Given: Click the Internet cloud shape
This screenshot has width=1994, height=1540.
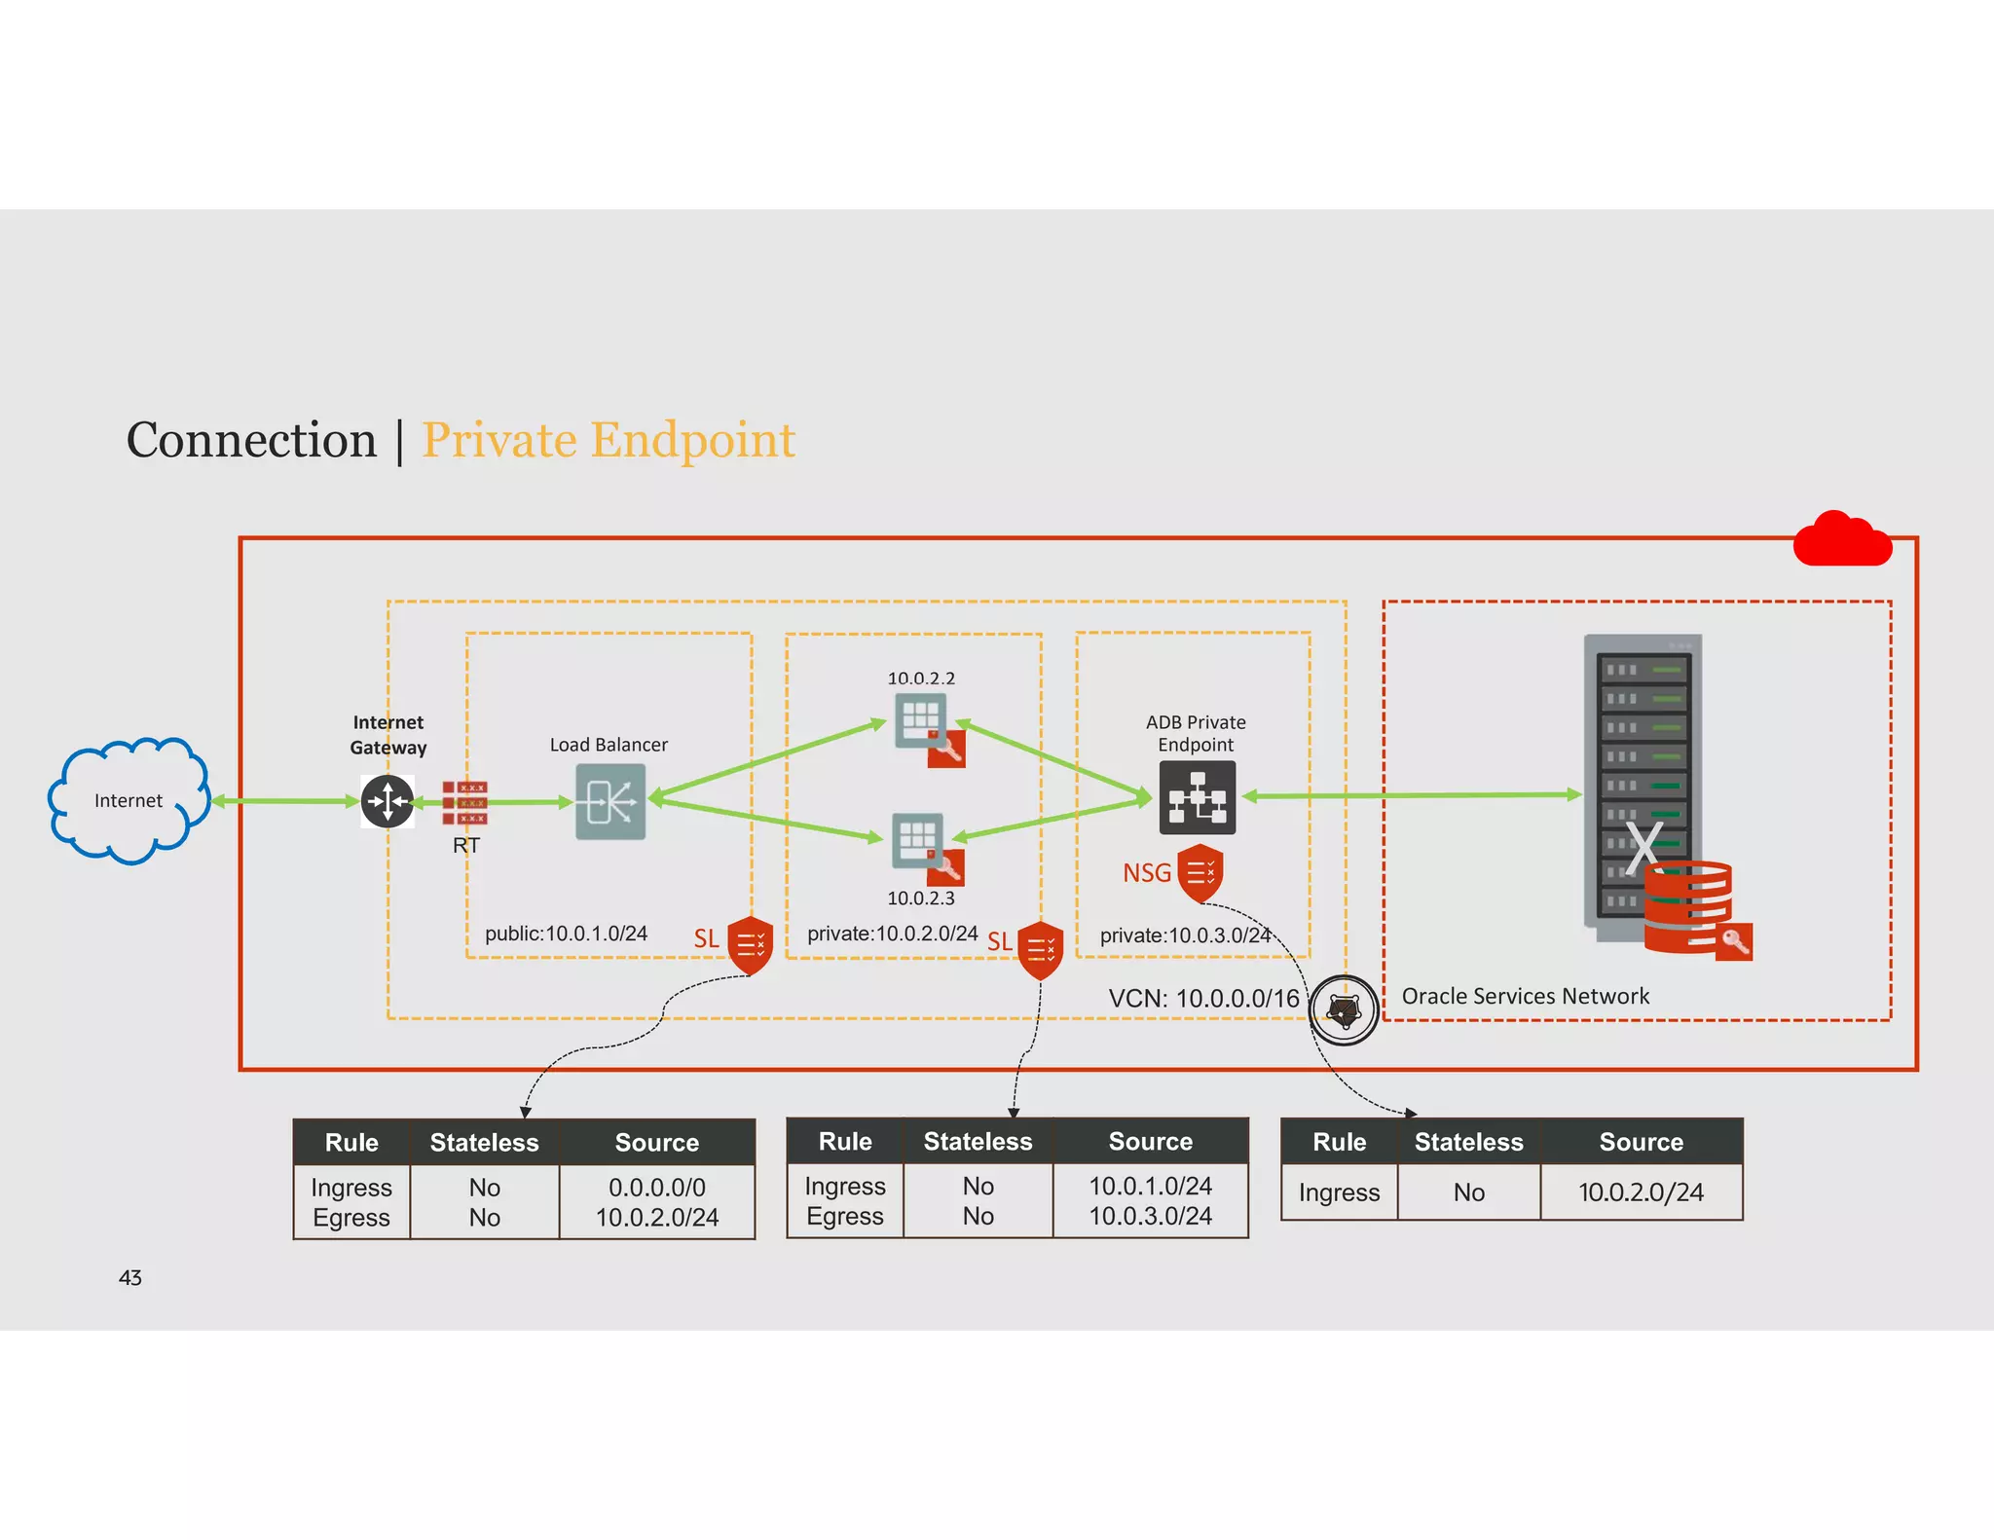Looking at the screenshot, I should tap(129, 800).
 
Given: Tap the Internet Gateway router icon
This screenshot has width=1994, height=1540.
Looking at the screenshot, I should tap(388, 801).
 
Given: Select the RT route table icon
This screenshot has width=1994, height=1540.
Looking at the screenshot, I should tap(464, 802).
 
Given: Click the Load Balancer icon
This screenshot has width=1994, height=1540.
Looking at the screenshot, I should tap(610, 801).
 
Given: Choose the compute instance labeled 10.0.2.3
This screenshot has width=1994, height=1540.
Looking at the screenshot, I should tap(918, 840).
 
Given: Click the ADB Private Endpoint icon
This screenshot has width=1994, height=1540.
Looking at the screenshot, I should tap(1197, 798).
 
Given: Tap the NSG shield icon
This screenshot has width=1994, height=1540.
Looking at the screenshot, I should tap(1200, 873).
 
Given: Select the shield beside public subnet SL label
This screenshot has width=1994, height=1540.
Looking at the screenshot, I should tap(750, 944).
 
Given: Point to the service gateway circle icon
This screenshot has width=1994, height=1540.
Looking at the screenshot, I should tap(1344, 1010).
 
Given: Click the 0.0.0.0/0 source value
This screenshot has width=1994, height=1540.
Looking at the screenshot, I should tap(656, 1188).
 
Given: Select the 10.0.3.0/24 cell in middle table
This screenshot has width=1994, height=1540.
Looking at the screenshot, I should tap(1150, 1216).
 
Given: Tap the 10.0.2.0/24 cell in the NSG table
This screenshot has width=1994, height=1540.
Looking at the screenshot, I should tap(1641, 1192).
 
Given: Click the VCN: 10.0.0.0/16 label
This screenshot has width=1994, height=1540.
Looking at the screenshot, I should tap(1203, 999).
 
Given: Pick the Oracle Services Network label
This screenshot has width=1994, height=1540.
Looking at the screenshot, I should tap(1525, 996).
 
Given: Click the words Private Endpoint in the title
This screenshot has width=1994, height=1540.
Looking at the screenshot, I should tap(609, 440).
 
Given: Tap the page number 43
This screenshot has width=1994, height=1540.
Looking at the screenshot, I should tap(130, 1278).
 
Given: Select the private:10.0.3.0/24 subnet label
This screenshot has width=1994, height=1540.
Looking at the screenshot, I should tap(1185, 935).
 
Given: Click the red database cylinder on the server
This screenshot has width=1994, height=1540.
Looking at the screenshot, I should tap(1687, 906).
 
